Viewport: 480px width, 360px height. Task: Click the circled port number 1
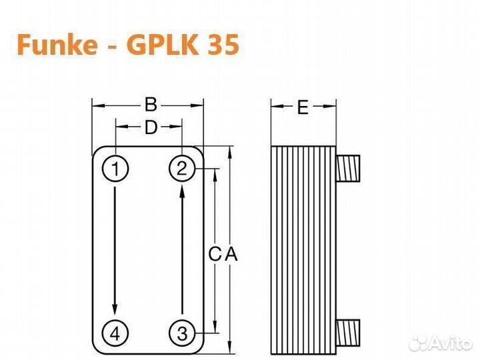point(115,169)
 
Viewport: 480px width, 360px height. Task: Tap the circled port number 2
point(181,169)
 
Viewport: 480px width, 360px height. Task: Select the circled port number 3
point(181,331)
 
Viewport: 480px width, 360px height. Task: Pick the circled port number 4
point(115,331)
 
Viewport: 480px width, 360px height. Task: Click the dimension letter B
point(151,105)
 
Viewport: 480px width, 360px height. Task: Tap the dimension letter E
point(303,107)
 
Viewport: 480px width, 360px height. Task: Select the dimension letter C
point(214,254)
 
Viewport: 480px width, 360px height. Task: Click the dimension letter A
point(231,254)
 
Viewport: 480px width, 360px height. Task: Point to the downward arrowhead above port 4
point(115,309)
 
